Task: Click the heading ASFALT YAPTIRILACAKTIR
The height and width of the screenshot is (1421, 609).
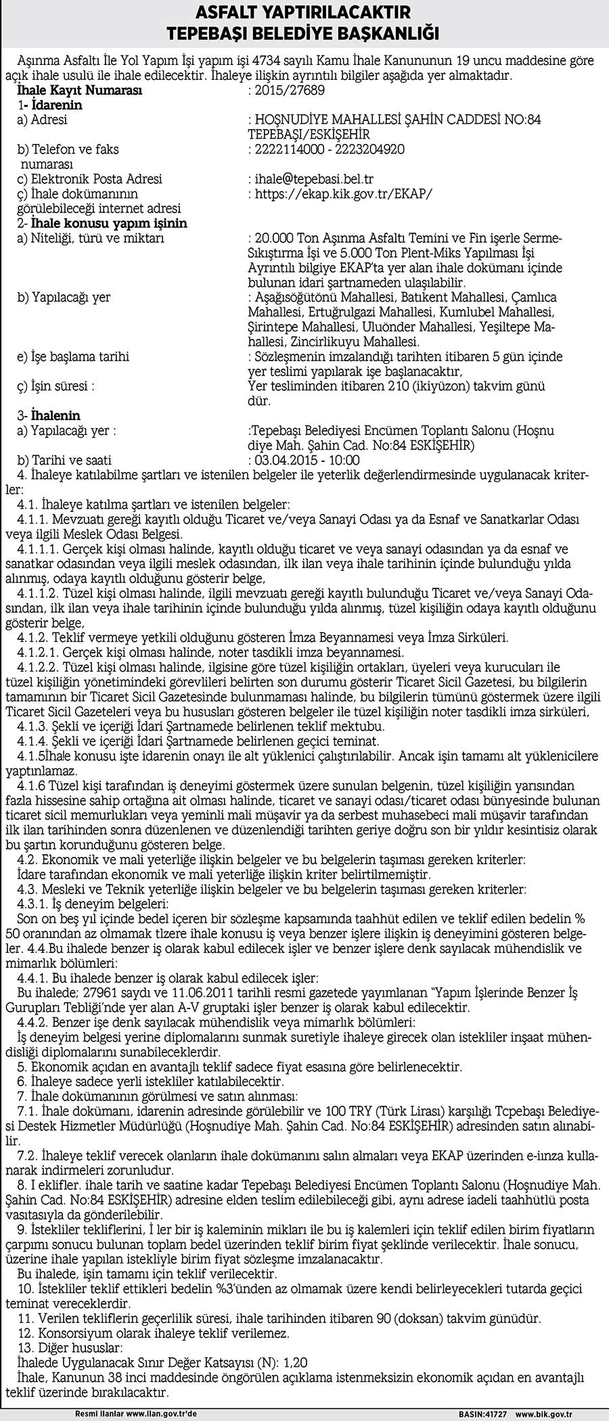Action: coord(304,11)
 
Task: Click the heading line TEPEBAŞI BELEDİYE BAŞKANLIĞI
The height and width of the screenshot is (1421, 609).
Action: coord(304,33)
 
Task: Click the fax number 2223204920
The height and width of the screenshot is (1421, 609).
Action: coord(371,149)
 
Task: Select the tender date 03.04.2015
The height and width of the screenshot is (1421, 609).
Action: coord(283,460)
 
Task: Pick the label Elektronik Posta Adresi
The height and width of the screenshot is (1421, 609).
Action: coord(90,179)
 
